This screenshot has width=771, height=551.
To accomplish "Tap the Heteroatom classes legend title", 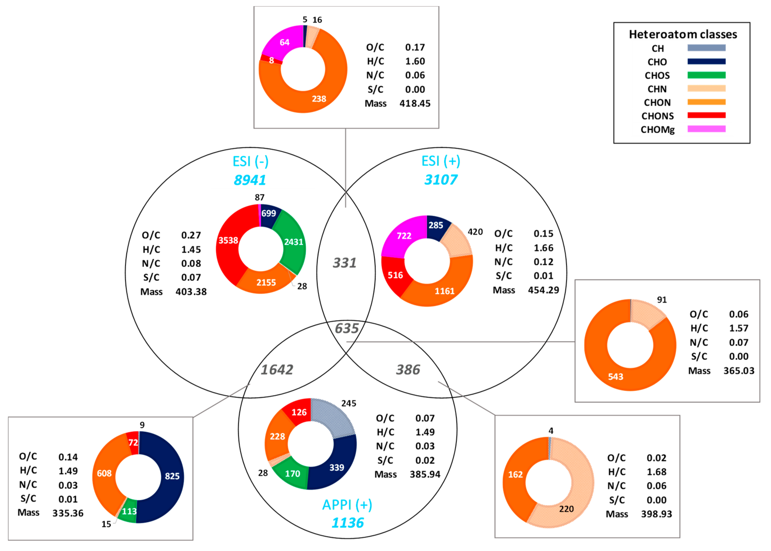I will [x=683, y=34].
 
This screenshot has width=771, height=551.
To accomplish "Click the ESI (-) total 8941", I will [x=250, y=180].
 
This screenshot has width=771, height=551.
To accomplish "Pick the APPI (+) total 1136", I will [x=348, y=523].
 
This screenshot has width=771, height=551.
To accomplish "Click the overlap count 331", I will [x=345, y=263].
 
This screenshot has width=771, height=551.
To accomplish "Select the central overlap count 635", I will [x=346, y=328].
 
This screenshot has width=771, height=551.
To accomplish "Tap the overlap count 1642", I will [x=277, y=369].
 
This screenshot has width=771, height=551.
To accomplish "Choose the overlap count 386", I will [x=408, y=369].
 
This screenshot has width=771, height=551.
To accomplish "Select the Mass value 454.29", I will [x=543, y=290].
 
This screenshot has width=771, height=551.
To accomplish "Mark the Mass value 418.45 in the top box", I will [x=415, y=103].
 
